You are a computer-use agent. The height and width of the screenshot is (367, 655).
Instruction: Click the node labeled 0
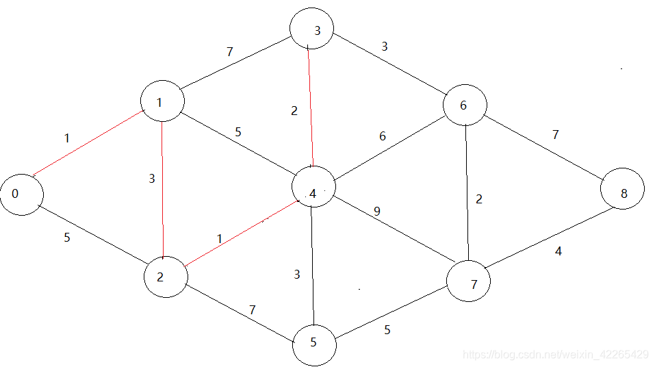[x=21, y=194]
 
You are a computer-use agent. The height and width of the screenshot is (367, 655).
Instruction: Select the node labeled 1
[x=162, y=101]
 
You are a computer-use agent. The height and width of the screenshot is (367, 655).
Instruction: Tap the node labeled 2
[x=166, y=277]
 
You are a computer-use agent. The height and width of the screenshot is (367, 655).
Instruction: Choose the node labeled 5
[x=314, y=344]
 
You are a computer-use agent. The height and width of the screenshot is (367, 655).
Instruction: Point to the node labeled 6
[x=465, y=105]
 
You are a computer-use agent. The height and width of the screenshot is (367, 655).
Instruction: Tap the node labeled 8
[x=623, y=192]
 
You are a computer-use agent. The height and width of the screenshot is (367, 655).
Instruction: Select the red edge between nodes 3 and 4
[x=311, y=106]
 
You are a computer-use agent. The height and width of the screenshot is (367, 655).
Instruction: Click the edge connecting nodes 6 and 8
[x=544, y=148]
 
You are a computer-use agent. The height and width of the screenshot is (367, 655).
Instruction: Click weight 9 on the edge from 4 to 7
[x=376, y=212]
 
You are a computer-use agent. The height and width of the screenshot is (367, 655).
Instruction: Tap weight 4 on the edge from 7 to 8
[x=558, y=251]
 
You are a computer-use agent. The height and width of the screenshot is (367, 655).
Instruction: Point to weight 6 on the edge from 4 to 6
[x=383, y=136]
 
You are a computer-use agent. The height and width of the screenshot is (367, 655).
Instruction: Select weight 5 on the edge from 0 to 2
[x=66, y=239]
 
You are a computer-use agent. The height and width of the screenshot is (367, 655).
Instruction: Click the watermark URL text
[x=555, y=355]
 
